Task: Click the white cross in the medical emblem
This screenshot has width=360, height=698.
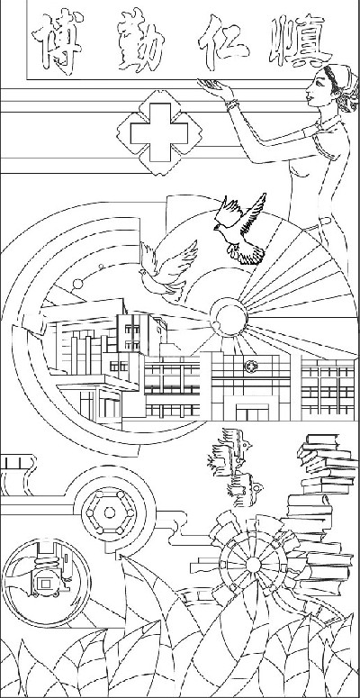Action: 159,132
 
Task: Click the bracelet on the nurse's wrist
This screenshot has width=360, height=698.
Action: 232,105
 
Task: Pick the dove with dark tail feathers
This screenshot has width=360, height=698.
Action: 240,230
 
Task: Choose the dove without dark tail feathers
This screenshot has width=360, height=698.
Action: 168,269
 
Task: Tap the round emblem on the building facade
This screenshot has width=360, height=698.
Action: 250,367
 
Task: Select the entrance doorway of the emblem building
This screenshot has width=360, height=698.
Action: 252,412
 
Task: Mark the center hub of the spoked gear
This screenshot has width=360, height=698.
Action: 253,565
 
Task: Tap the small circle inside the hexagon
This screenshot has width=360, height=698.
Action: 110,512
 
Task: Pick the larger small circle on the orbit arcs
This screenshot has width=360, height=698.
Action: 78,284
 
